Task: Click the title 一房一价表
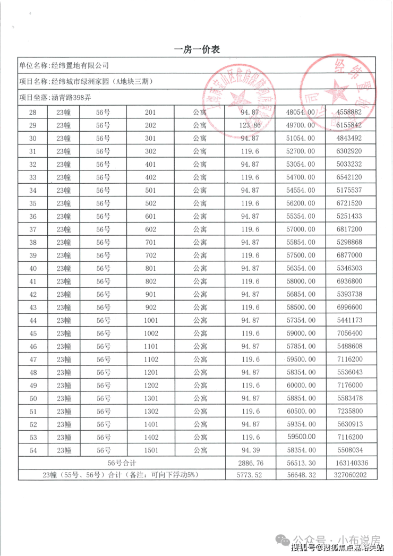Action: [197, 49]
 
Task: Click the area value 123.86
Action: [251, 125]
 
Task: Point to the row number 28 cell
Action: [33, 113]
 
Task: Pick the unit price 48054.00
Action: [301, 113]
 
